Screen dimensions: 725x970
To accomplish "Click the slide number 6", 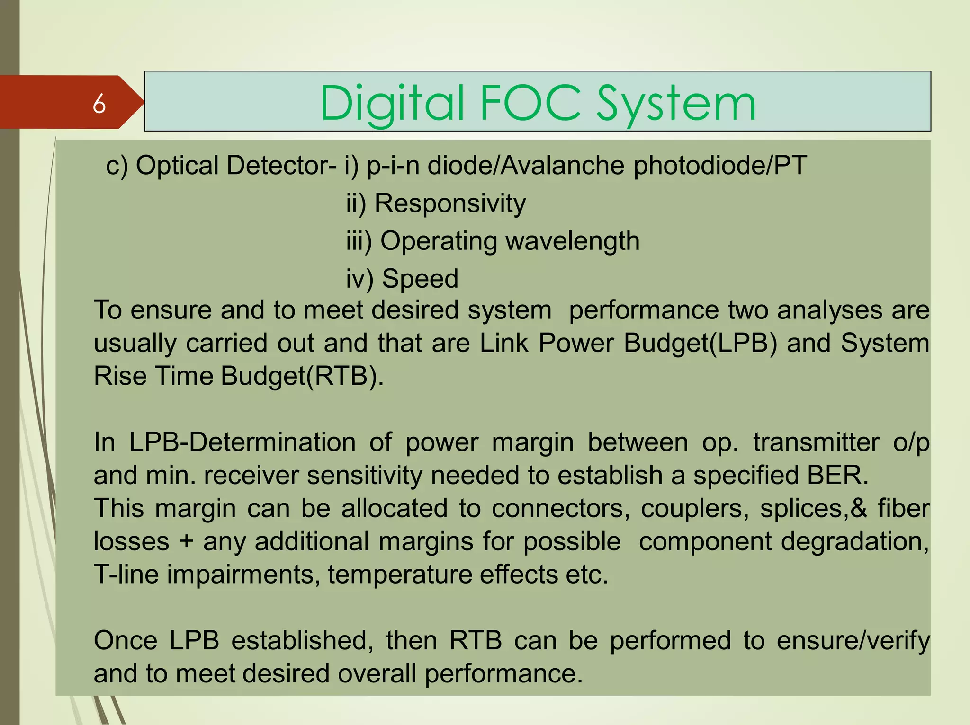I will click(99, 104).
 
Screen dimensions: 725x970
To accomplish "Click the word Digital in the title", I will click(392, 104).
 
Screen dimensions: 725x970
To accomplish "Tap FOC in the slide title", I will click(530, 103).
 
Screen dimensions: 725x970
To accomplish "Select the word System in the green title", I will click(676, 104).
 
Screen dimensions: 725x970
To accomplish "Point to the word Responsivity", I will click(450, 203).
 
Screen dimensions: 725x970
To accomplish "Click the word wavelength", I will click(573, 241).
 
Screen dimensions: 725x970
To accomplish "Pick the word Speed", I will click(420, 278).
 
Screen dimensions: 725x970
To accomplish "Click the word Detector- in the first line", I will click(236, 166).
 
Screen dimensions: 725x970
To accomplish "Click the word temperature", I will click(400, 575).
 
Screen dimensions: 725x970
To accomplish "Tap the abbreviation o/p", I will click(911, 442).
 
